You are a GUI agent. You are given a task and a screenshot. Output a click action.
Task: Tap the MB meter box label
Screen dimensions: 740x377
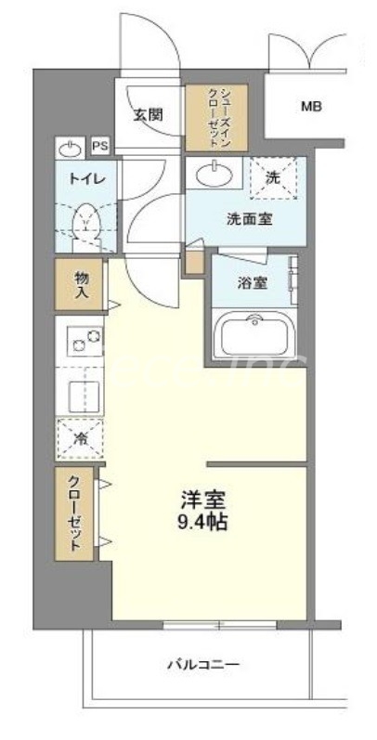tap(310, 107)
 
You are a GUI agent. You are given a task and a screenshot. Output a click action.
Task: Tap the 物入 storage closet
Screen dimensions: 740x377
tap(82, 284)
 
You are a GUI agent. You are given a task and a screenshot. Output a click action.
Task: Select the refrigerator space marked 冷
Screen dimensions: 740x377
tap(82, 437)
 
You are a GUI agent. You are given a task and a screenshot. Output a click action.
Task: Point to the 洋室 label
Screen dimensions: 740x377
tap(204, 500)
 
